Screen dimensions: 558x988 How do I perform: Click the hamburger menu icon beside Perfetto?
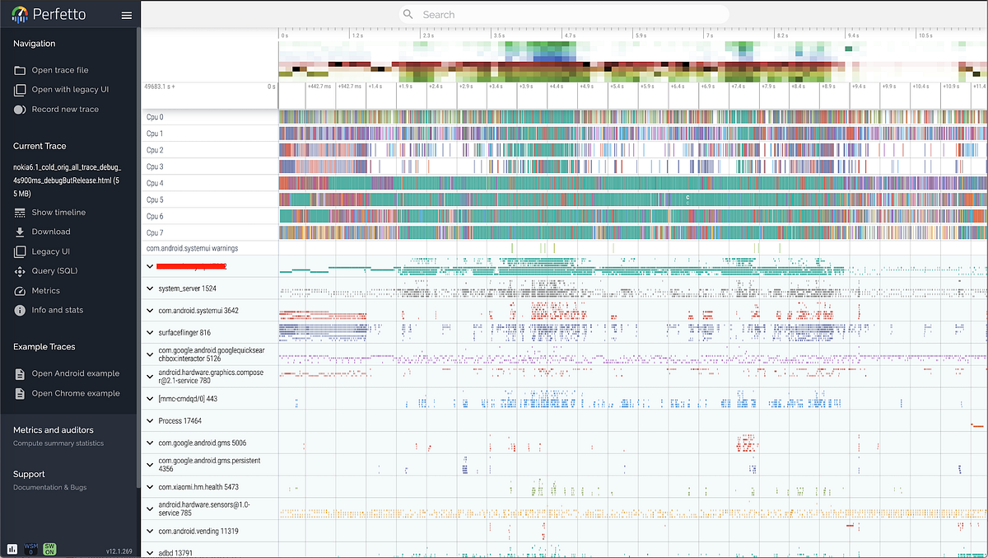click(x=126, y=15)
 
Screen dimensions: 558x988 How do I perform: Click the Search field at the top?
click(x=564, y=14)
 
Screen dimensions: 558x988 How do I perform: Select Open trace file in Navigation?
click(x=59, y=70)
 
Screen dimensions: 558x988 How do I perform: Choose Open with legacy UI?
click(x=69, y=89)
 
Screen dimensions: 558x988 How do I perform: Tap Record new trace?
click(x=65, y=109)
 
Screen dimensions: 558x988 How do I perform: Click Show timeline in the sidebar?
click(x=58, y=212)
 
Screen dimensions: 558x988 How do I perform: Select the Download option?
click(x=50, y=232)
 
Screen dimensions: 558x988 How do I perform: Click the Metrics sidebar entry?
click(x=45, y=291)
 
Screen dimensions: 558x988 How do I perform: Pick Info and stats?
click(x=57, y=310)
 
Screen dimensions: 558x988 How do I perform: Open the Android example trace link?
click(x=75, y=373)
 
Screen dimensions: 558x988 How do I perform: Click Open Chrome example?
click(x=75, y=393)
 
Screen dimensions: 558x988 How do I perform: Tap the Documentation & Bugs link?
click(x=49, y=487)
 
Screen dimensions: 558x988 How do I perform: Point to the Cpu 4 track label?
click(x=155, y=183)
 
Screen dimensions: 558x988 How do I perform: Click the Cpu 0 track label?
click(x=155, y=117)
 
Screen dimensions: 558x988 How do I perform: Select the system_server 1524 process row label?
click(x=187, y=288)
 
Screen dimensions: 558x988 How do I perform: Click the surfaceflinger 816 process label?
click(x=184, y=333)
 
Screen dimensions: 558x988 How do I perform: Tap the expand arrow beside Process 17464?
click(x=150, y=421)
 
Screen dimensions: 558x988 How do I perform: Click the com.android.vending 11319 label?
click(x=198, y=532)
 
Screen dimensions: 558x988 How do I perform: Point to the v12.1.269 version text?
click(x=119, y=550)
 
